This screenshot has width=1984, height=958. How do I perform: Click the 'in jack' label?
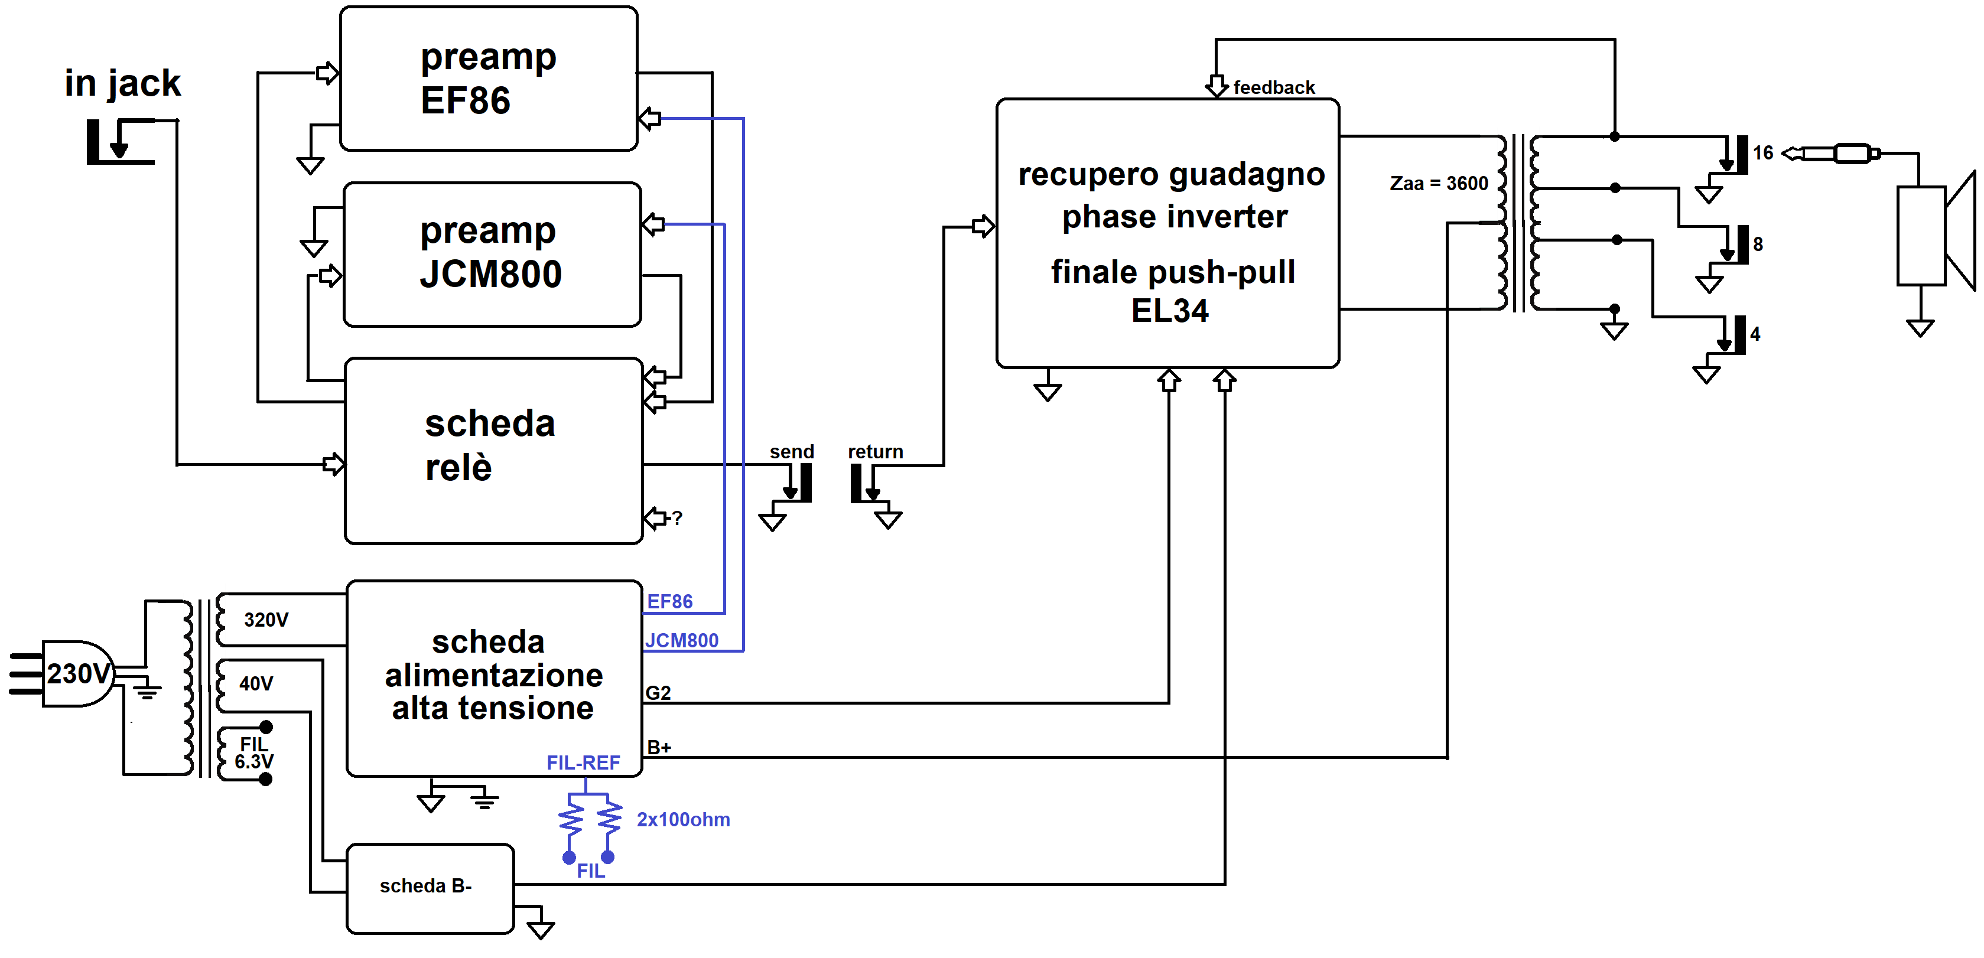pyautogui.click(x=122, y=83)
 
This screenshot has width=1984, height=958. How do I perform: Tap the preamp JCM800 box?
pyautogui.click(x=492, y=254)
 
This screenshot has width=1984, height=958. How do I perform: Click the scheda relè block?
pyautogui.click(x=493, y=451)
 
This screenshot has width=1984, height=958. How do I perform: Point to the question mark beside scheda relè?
pyautogui.click(x=677, y=518)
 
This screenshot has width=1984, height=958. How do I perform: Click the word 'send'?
pyautogui.click(x=791, y=451)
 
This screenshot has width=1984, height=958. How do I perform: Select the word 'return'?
pyautogui.click(x=875, y=451)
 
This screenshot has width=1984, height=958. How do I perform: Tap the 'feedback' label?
pyautogui.click(x=1273, y=88)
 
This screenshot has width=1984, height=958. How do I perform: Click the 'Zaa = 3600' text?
pyautogui.click(x=1438, y=183)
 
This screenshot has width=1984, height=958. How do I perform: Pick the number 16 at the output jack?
pyautogui.click(x=1763, y=152)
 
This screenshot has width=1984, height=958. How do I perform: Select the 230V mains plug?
pyautogui.click(x=73, y=674)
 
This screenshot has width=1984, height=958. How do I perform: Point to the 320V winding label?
pyautogui.click(x=266, y=620)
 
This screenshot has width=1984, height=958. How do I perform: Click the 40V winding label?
pyautogui.click(x=256, y=683)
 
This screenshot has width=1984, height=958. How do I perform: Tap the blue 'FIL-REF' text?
pyautogui.click(x=583, y=763)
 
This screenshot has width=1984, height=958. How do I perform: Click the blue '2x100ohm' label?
pyautogui.click(x=683, y=819)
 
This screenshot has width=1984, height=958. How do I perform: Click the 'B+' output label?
pyautogui.click(x=659, y=747)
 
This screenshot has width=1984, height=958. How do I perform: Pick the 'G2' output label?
pyautogui.click(x=658, y=693)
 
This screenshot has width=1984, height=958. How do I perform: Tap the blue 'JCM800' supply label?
pyautogui.click(x=682, y=640)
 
